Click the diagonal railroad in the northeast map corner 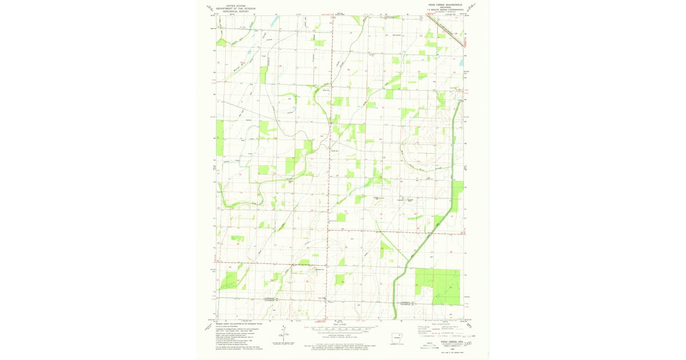[x=446, y=31]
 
